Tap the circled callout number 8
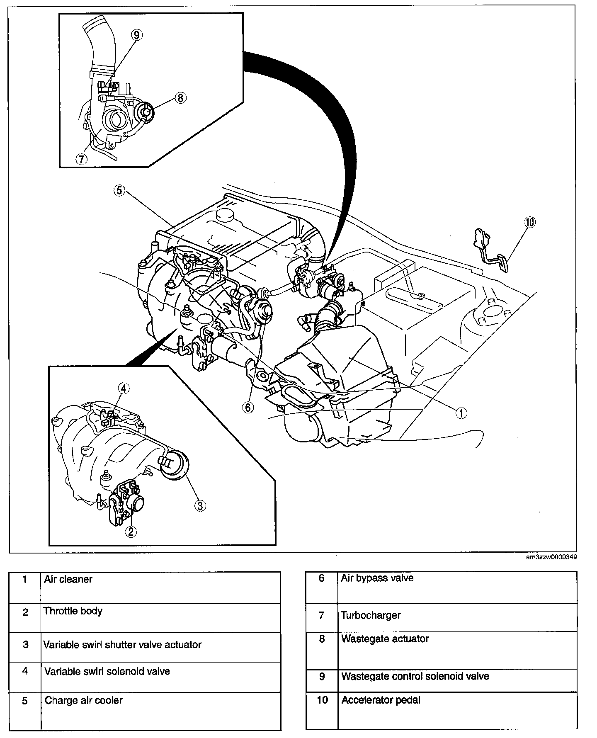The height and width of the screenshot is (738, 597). coord(180,98)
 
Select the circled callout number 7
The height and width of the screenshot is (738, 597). coord(81,158)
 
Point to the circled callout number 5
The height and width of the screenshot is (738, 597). coord(119,190)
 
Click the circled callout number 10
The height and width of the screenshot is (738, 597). coord(529,222)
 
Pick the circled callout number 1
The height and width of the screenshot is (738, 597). coord(461,413)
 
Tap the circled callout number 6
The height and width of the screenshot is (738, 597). coord(248,408)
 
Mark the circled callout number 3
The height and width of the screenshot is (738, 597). coord(199,505)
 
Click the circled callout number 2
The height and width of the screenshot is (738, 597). coord(131,531)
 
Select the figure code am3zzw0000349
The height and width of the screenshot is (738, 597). coord(551,557)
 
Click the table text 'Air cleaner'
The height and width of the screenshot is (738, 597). coord(68,579)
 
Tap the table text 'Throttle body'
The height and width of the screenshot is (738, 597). coord(73,611)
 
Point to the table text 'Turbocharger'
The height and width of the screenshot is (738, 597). coord(371,615)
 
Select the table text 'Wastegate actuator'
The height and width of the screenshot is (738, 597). coord(385,639)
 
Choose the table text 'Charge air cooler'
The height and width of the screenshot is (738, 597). coord(84,700)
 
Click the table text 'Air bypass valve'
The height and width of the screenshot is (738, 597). coord(377,578)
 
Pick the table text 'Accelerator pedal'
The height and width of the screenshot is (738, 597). coord(381,700)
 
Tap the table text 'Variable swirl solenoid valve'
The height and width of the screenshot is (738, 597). coord(107,671)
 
